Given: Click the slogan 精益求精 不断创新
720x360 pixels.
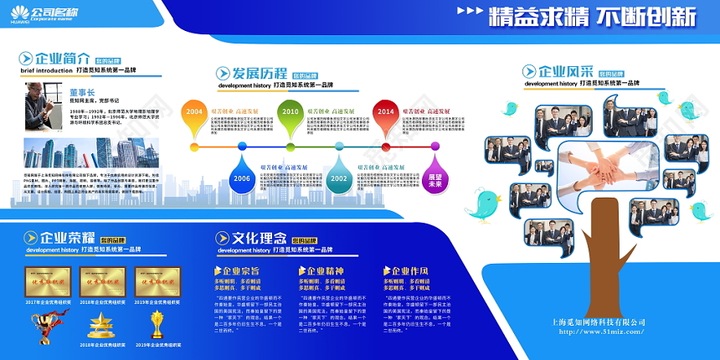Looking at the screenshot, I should tap(592, 16).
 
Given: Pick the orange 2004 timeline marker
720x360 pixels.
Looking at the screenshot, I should tap(194, 113).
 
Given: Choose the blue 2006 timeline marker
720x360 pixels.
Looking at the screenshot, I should tap(242, 177).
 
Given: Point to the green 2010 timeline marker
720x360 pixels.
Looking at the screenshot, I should tap(290, 113).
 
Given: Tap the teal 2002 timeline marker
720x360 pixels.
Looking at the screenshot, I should tap(338, 177).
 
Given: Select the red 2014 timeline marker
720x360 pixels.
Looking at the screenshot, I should tap(385, 113).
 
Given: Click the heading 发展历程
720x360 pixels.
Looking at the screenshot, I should tap(260, 74).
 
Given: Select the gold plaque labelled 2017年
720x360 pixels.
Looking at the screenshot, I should tap(48, 282).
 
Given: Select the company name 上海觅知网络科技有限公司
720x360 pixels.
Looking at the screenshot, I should tap(599, 321).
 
